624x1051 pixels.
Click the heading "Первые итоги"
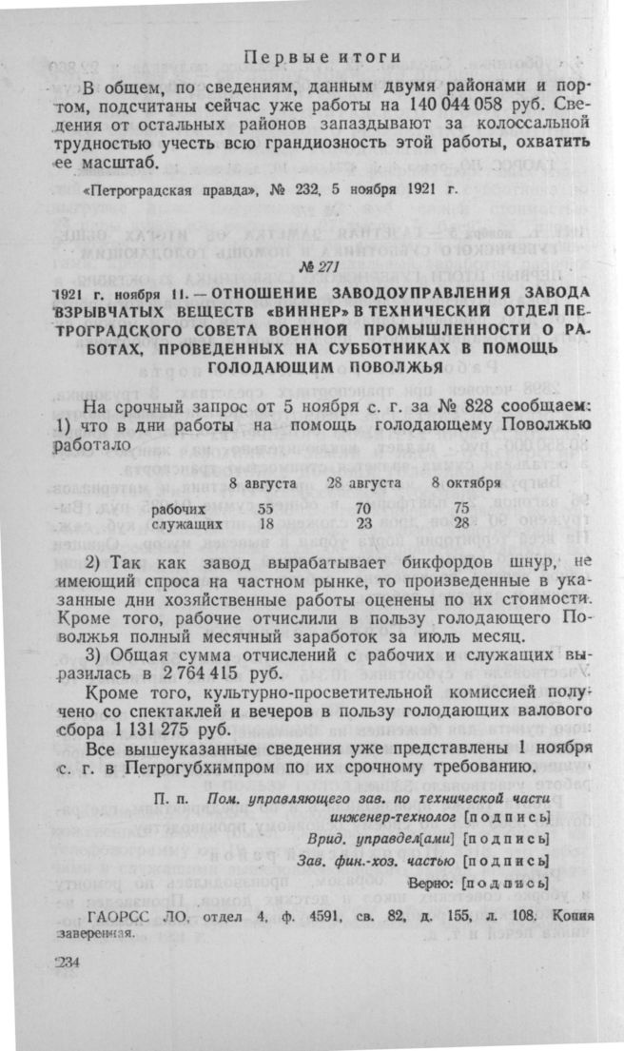pyautogui.click(x=322, y=58)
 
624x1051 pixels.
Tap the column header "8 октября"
pyautogui.click(x=467, y=483)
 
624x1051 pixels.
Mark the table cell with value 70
pyautogui.click(x=362, y=508)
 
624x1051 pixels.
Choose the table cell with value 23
pyautogui.click(x=362, y=523)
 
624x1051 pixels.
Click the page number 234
pyautogui.click(x=69, y=963)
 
